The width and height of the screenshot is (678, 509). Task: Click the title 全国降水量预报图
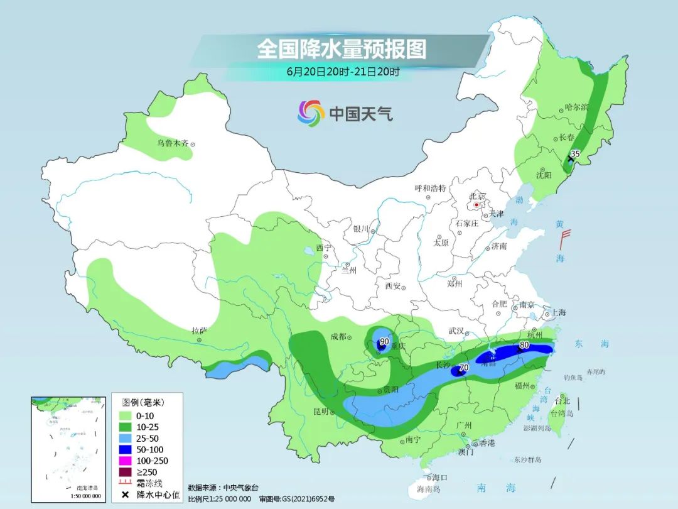click(342, 49)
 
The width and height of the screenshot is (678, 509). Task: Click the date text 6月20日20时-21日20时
click(343, 72)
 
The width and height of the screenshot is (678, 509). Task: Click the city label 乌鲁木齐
click(173, 143)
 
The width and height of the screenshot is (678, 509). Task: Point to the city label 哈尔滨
click(576, 107)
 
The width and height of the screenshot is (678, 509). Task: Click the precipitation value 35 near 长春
click(575, 153)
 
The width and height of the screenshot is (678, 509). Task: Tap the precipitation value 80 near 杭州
click(524, 345)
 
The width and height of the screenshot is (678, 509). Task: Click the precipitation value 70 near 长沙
click(464, 368)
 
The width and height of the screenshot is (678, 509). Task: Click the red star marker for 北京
click(476, 205)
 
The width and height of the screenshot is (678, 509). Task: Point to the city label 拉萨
click(199, 330)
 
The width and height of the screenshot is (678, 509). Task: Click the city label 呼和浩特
click(430, 188)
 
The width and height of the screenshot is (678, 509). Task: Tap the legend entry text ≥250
click(149, 472)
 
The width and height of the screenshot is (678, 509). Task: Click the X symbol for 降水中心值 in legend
click(126, 495)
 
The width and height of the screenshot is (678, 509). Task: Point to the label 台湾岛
click(561, 413)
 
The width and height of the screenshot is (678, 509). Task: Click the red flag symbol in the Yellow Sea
click(565, 238)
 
